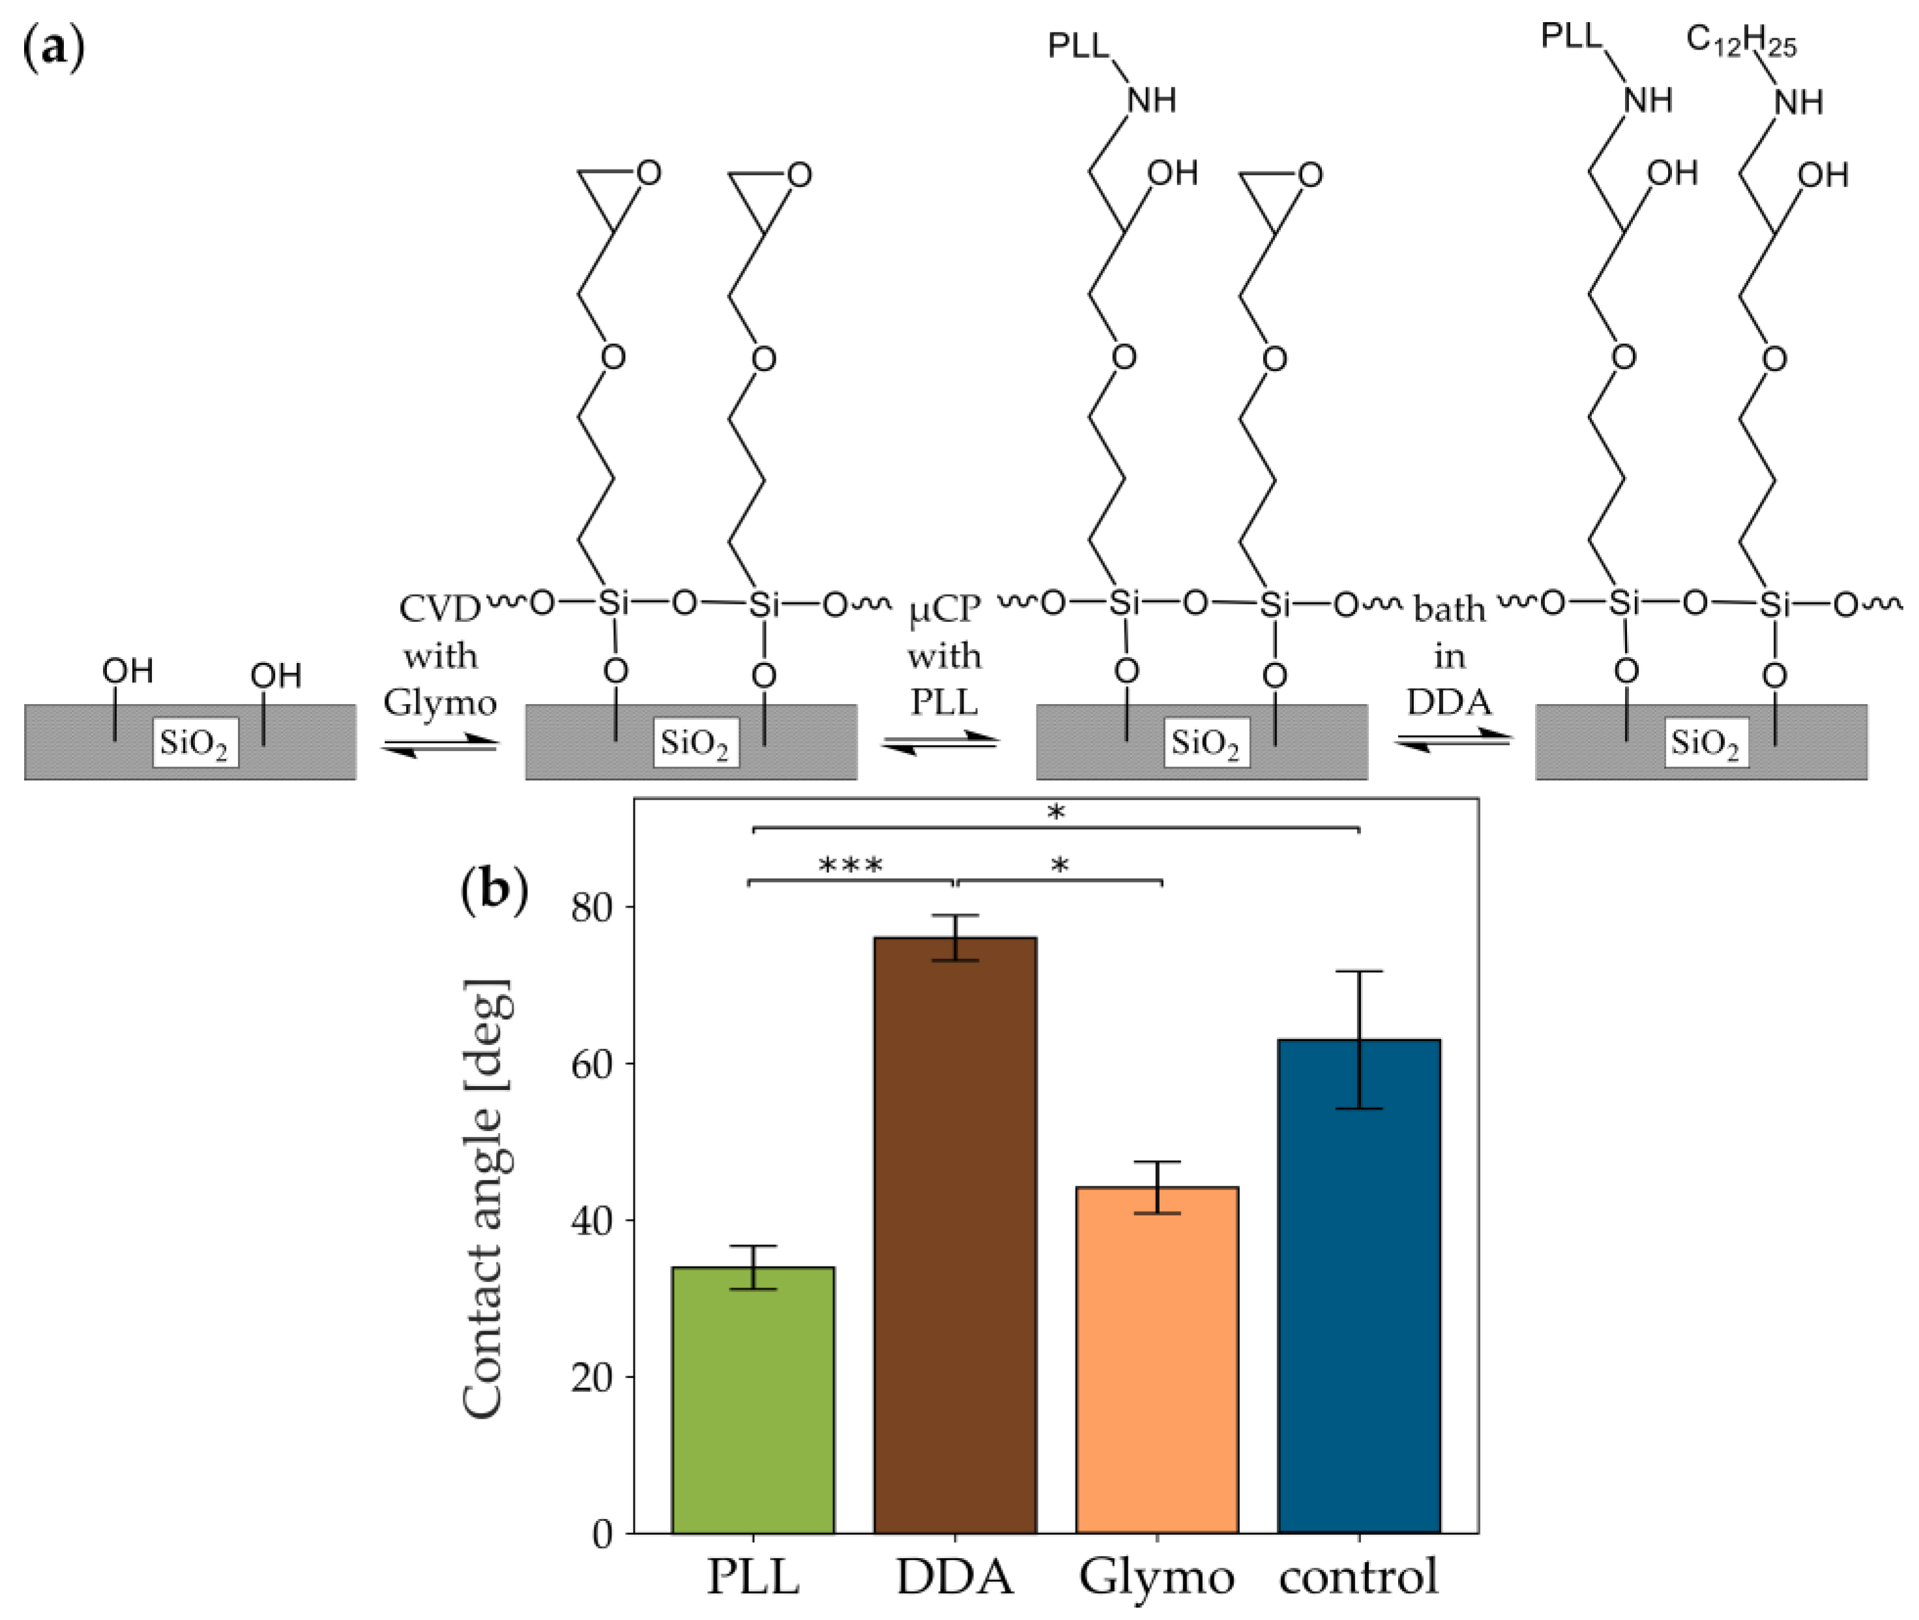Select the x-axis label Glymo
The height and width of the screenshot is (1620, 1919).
[x=1157, y=1578]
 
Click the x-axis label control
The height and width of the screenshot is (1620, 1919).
[x=1359, y=1578]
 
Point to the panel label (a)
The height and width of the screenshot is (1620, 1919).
[x=53, y=46]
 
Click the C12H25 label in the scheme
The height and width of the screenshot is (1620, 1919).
[x=1741, y=40]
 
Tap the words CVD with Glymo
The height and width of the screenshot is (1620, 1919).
[x=440, y=656]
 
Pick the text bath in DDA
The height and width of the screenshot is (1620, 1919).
[x=1449, y=656]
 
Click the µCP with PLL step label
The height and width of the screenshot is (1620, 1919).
[x=944, y=656]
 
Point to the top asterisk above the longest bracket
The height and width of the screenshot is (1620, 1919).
[x=1056, y=812]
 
